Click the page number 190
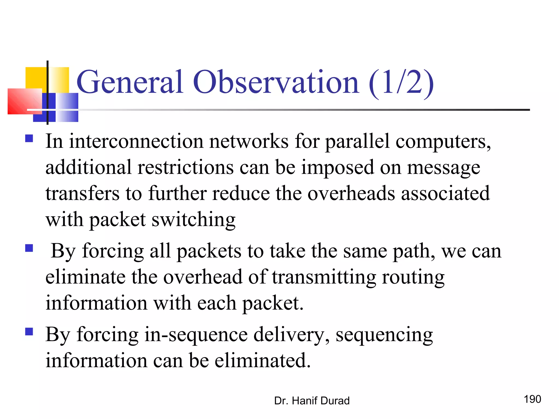(532, 399)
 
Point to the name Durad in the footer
(335, 401)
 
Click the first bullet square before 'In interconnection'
(29, 139)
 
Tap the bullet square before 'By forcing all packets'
(29, 248)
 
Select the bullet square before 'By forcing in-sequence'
(29, 331)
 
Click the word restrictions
(185, 167)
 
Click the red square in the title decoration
(25, 101)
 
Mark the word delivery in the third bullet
(291, 335)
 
